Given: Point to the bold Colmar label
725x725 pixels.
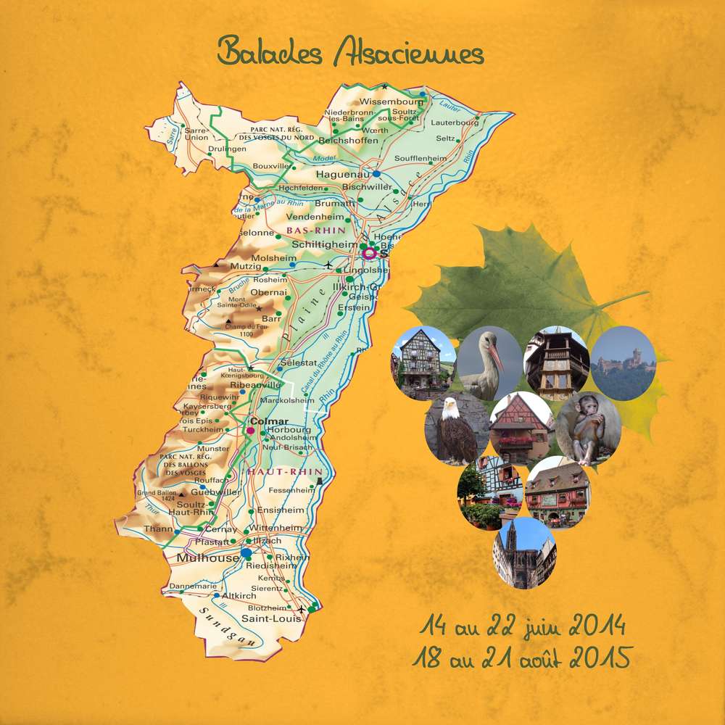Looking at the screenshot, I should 268,421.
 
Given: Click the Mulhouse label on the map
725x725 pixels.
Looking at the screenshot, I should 207,558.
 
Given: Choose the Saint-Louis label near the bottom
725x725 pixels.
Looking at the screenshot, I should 265,618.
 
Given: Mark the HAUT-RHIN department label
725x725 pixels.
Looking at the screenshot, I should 275,472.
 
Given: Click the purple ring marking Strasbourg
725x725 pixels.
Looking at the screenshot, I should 369,253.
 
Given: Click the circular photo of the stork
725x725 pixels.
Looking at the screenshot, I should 489,362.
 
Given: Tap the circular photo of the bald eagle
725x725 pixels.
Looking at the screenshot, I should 456,430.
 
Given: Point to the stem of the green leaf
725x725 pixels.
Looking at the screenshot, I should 623,299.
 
